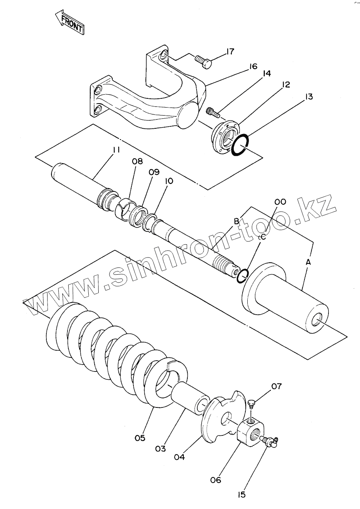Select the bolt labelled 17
pyautogui.click(x=203, y=62)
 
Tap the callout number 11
pyautogui.click(x=116, y=150)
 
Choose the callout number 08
pyautogui.click(x=137, y=162)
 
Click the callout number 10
pyautogui.click(x=169, y=181)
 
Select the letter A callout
pyautogui.click(x=308, y=262)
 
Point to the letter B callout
pyautogui.click(x=236, y=221)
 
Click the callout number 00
pyautogui.click(x=280, y=202)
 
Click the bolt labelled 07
pyautogui.click(x=251, y=403)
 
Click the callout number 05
pyautogui.click(x=139, y=438)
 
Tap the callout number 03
pyautogui.click(x=160, y=449)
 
